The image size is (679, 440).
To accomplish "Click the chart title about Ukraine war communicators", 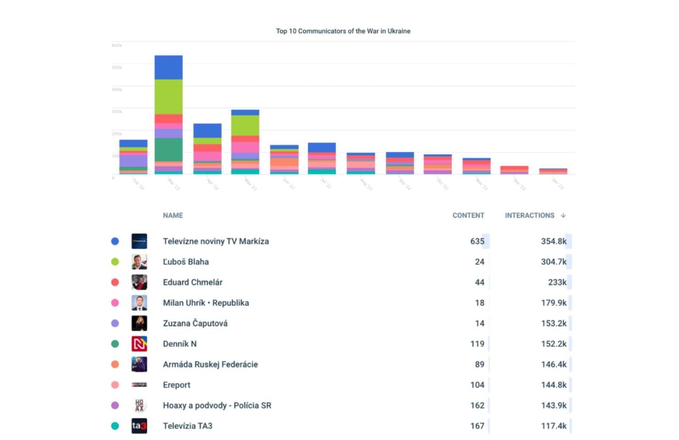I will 343,31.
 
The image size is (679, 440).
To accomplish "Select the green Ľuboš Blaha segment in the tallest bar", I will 168,97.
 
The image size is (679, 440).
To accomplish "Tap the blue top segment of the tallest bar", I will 168,67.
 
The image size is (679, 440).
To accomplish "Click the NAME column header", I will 173,215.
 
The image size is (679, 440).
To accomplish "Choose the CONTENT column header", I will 468,215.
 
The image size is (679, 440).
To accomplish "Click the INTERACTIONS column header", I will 529,215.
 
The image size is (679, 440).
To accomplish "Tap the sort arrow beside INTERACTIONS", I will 563,215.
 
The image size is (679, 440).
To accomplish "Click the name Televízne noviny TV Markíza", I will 216,241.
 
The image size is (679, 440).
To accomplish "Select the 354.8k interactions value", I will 554,241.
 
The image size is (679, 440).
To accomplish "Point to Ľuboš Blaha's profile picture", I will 139,262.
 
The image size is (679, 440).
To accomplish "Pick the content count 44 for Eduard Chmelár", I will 479,282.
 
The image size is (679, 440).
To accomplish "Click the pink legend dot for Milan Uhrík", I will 115,303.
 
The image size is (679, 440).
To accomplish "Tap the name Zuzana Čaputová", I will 195,324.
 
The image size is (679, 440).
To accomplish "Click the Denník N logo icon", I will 139,344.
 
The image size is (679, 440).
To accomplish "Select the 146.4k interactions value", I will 554,364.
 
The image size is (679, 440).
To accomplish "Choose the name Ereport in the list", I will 176,385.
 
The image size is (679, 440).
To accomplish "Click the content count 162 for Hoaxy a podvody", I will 477,406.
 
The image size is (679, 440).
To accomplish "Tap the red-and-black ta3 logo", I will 139,426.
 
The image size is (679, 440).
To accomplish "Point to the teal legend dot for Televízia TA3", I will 115,426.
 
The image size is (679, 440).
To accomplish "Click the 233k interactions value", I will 557,282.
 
